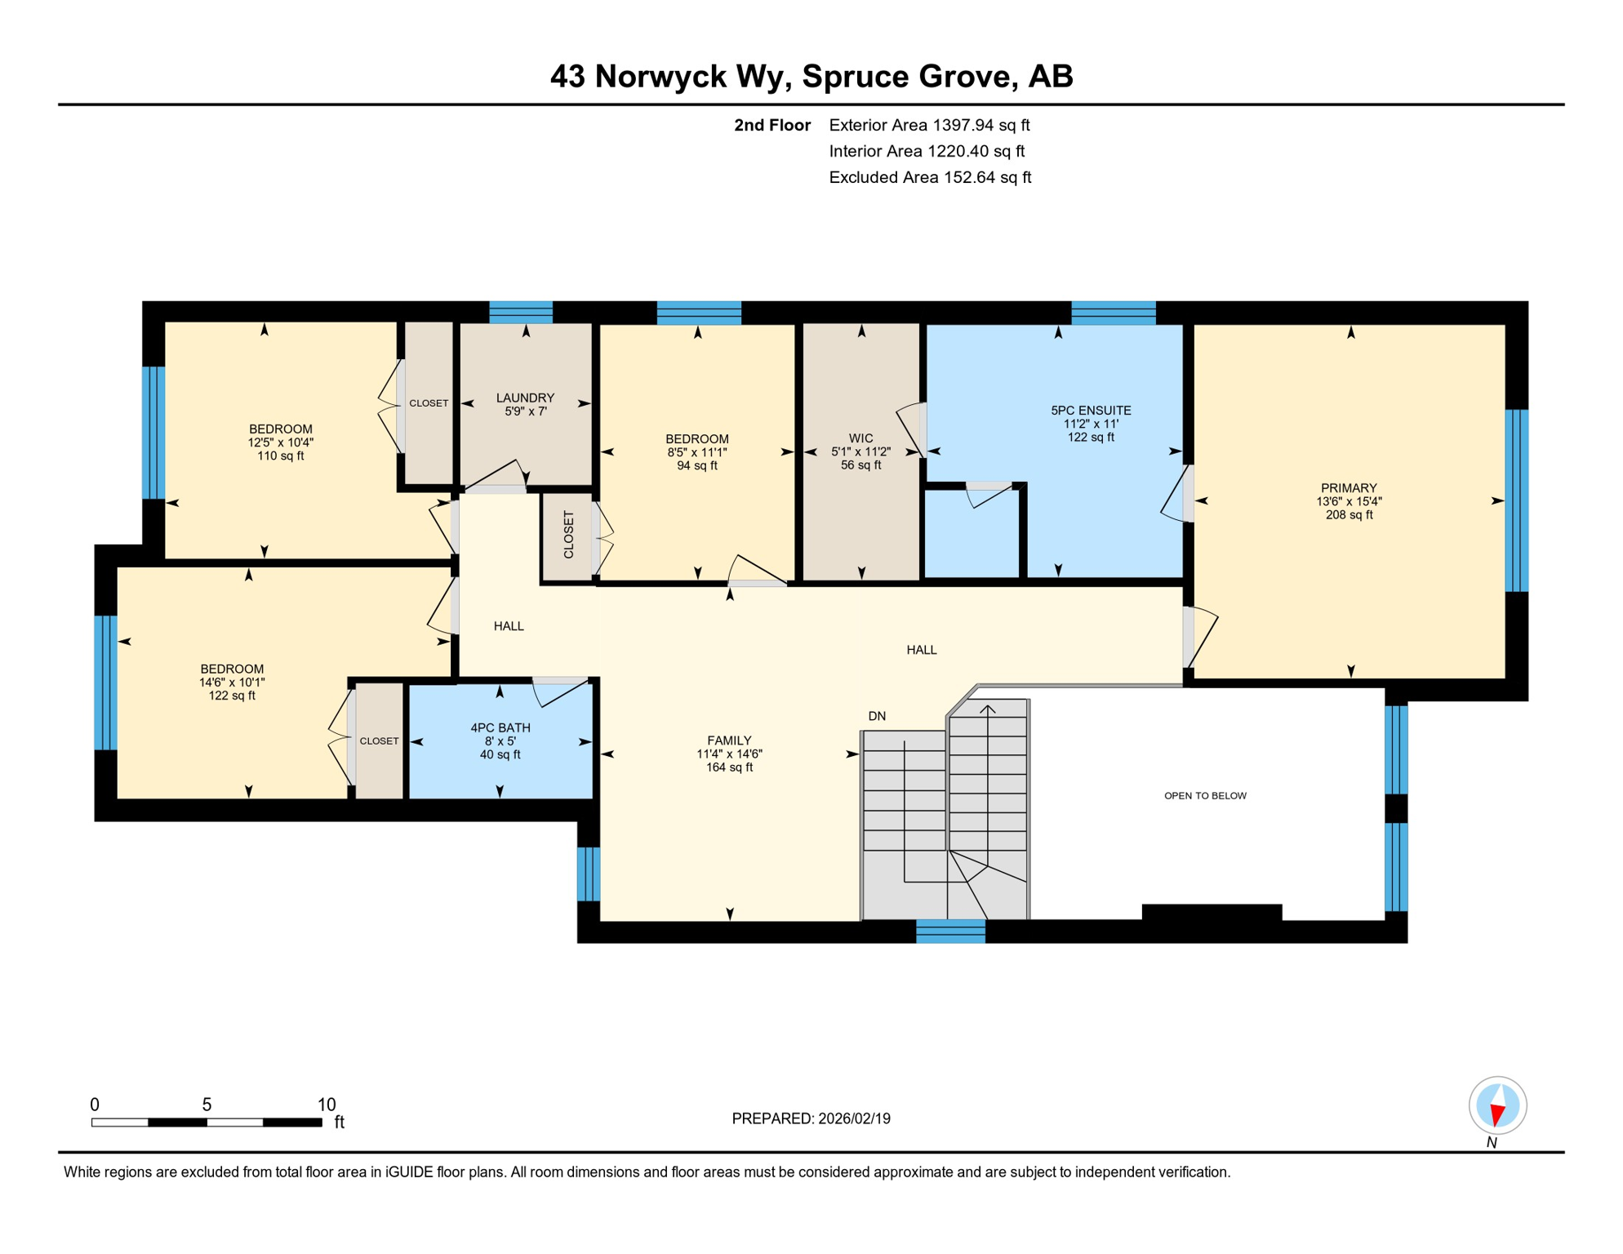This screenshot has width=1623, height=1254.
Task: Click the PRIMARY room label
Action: (1348, 487)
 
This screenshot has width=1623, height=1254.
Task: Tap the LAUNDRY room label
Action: (525, 398)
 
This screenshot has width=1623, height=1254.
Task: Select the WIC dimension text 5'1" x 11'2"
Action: (860, 451)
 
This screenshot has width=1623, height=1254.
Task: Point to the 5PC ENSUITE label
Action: (1091, 411)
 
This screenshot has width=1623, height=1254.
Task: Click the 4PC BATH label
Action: (500, 727)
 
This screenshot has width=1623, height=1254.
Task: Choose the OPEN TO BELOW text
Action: (1205, 795)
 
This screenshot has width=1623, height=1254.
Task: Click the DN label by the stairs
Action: (877, 716)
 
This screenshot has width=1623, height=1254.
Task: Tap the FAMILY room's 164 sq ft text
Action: (729, 767)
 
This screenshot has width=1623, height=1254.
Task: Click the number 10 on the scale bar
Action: (327, 1105)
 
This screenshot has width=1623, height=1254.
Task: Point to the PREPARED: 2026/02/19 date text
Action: (811, 1118)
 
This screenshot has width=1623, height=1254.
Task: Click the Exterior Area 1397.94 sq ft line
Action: (929, 125)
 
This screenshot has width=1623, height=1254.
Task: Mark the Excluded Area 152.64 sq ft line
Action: (930, 177)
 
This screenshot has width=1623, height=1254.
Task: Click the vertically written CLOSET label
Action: (569, 535)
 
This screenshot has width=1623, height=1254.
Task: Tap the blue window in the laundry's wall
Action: (521, 312)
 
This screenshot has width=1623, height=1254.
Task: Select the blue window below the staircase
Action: (950, 931)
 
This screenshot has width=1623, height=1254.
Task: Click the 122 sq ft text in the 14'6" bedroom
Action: (232, 696)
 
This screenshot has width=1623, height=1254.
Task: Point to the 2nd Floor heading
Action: (771, 125)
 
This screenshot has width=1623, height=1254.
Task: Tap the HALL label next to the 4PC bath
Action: (509, 626)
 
